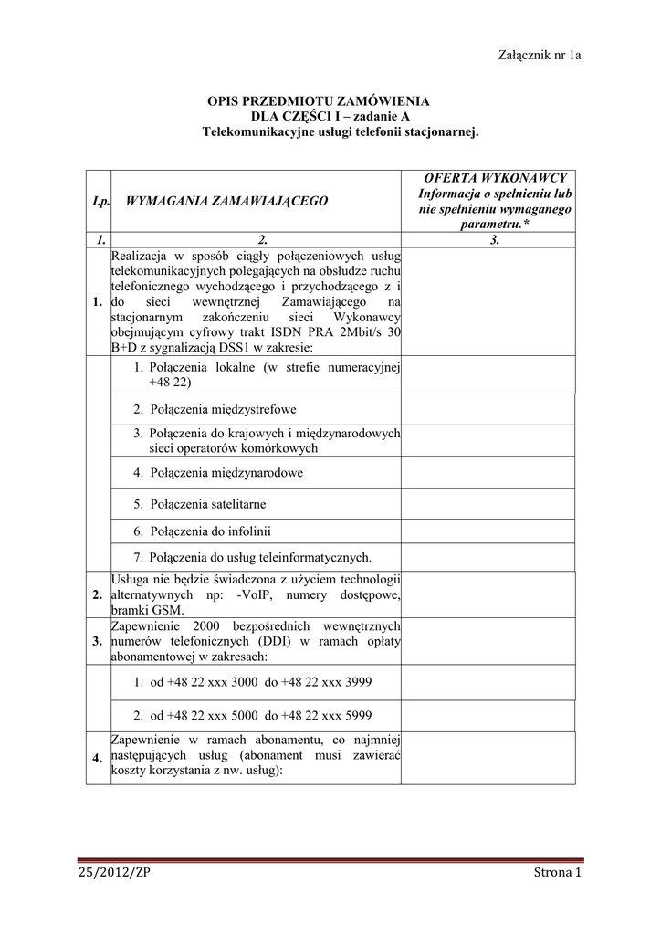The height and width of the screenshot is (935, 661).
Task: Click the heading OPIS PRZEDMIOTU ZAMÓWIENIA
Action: coord(319,101)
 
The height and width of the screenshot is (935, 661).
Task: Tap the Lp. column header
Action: coord(100,200)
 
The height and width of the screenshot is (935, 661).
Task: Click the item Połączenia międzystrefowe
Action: coord(215,409)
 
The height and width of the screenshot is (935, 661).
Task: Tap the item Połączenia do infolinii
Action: coord(202,531)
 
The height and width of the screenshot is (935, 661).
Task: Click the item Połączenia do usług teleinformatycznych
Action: coord(252,557)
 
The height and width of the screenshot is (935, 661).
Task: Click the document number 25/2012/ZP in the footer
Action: coord(114,873)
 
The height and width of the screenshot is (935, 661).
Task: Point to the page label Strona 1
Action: coord(558,873)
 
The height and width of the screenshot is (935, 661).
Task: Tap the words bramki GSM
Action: coord(147,610)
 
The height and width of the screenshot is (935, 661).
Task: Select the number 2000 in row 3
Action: coord(208,625)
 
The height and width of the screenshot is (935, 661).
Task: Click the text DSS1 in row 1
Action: coord(232,348)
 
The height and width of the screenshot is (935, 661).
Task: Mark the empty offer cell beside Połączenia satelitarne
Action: coord(489,503)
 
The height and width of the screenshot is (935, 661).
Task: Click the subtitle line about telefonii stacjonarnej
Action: coord(340,132)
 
